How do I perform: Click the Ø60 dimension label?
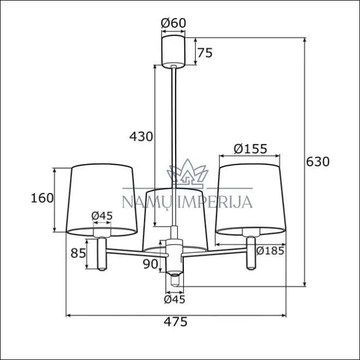pos(173,23)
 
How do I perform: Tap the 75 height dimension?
pos(205,53)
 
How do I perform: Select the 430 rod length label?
pos(141,136)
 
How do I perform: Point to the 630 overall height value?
pos(318,161)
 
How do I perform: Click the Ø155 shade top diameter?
pos(250,149)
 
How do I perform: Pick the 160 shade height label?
pos(42,198)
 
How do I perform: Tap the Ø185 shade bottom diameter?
pos(270,250)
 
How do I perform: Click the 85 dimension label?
pos(78,253)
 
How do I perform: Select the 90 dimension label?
pos(151,264)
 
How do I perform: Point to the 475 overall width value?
pos(176,322)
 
